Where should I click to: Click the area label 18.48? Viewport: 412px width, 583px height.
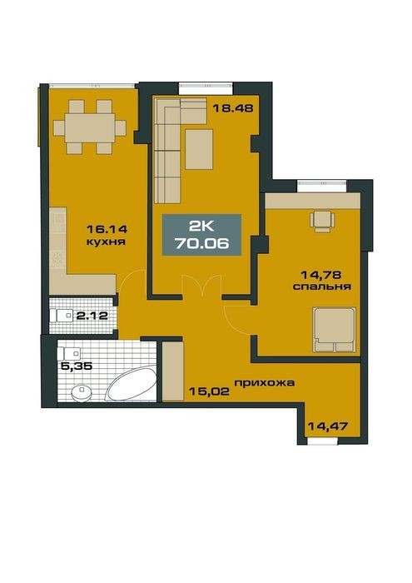click(x=232, y=108)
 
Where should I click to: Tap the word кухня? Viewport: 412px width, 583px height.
click(x=106, y=242)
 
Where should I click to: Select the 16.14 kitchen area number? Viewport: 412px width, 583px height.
click(x=107, y=229)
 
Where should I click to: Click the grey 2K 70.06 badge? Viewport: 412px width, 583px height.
click(x=201, y=235)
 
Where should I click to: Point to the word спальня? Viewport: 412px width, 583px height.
click(x=322, y=287)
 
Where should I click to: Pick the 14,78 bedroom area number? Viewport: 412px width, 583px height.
click(x=321, y=275)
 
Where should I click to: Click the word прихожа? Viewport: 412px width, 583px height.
click(x=264, y=382)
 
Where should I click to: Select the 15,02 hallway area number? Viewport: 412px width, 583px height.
click(x=209, y=391)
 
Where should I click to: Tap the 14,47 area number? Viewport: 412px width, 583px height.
click(x=328, y=426)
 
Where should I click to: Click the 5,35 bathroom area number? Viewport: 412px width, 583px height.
click(x=77, y=366)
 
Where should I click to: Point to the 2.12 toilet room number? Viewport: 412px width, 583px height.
click(x=92, y=316)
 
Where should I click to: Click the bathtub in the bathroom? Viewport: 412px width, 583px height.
click(x=132, y=383)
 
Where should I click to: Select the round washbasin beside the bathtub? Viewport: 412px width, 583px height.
click(x=82, y=392)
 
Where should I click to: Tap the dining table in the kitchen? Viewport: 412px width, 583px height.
click(x=90, y=127)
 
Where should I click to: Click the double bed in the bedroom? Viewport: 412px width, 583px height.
click(x=334, y=330)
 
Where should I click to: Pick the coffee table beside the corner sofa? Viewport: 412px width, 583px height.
click(x=199, y=149)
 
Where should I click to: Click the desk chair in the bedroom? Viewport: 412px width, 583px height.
click(x=322, y=222)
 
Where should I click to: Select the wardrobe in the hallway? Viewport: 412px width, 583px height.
click(x=173, y=371)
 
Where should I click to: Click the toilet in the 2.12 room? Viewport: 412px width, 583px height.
click(x=62, y=316)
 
